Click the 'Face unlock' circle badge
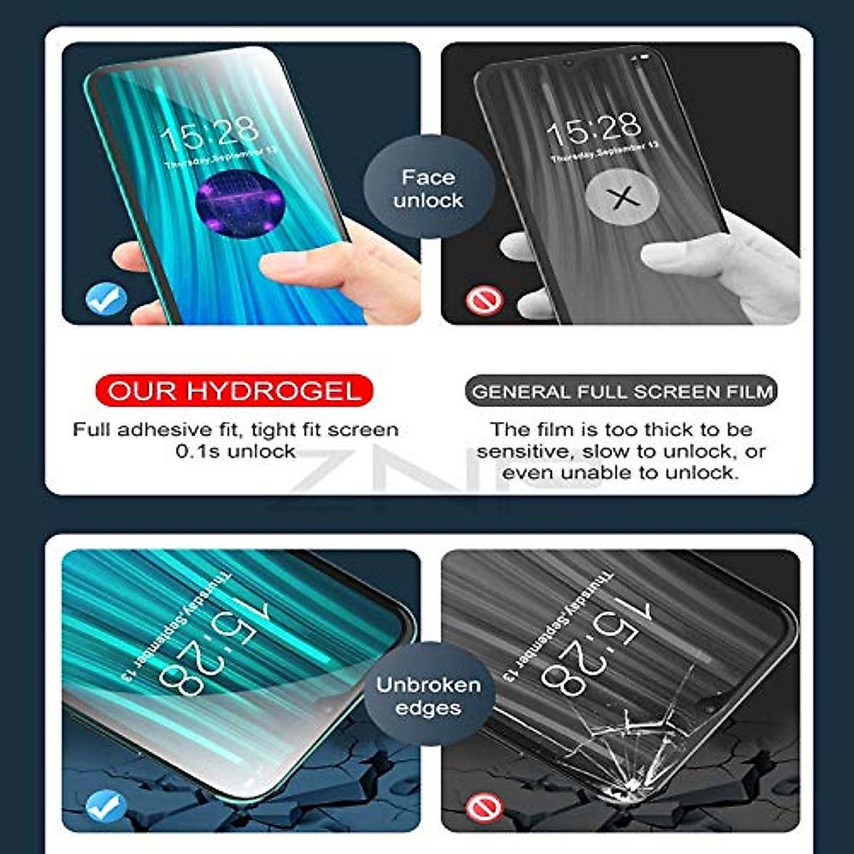tap(428, 189)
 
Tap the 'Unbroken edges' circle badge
tap(428, 696)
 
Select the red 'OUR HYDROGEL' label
tap(234, 391)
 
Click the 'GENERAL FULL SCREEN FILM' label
tap(621, 391)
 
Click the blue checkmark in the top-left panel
tap(106, 300)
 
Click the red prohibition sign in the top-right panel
tap(485, 300)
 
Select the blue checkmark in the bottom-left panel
tap(106, 807)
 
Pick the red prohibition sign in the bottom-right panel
tap(485, 808)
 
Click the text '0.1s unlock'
tap(236, 451)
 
